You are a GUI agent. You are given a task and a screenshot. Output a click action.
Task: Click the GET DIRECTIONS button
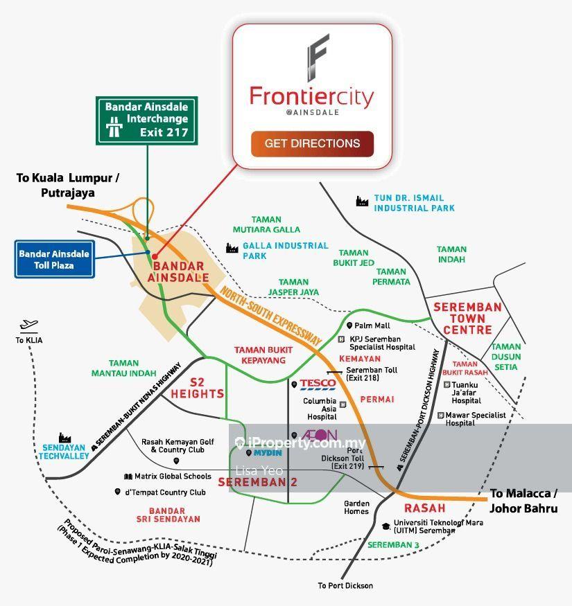click(312, 144)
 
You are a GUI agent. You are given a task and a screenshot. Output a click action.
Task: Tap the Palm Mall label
click(372, 326)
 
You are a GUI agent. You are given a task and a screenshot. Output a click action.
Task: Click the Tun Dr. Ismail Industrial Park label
click(415, 203)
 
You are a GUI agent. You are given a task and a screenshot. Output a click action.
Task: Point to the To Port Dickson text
click(345, 586)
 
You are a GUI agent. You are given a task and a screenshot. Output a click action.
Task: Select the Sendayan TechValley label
click(64, 453)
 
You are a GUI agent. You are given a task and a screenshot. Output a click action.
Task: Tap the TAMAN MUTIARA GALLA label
click(266, 224)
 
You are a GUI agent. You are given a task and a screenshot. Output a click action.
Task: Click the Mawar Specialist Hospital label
click(474, 418)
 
